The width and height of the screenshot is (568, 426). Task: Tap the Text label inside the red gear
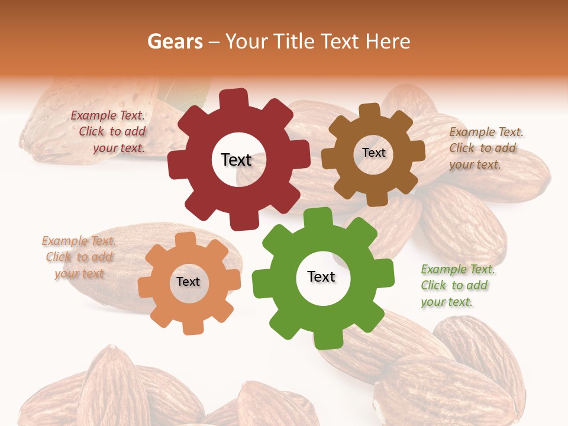click(x=236, y=160)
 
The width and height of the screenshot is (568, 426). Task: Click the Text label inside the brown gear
click(x=373, y=153)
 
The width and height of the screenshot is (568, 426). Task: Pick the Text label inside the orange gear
click(x=188, y=282)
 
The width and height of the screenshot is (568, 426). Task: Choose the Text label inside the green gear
click(x=321, y=277)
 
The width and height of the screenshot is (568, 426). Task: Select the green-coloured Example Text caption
click(x=456, y=286)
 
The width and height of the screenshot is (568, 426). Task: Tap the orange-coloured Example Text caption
click(x=79, y=257)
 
